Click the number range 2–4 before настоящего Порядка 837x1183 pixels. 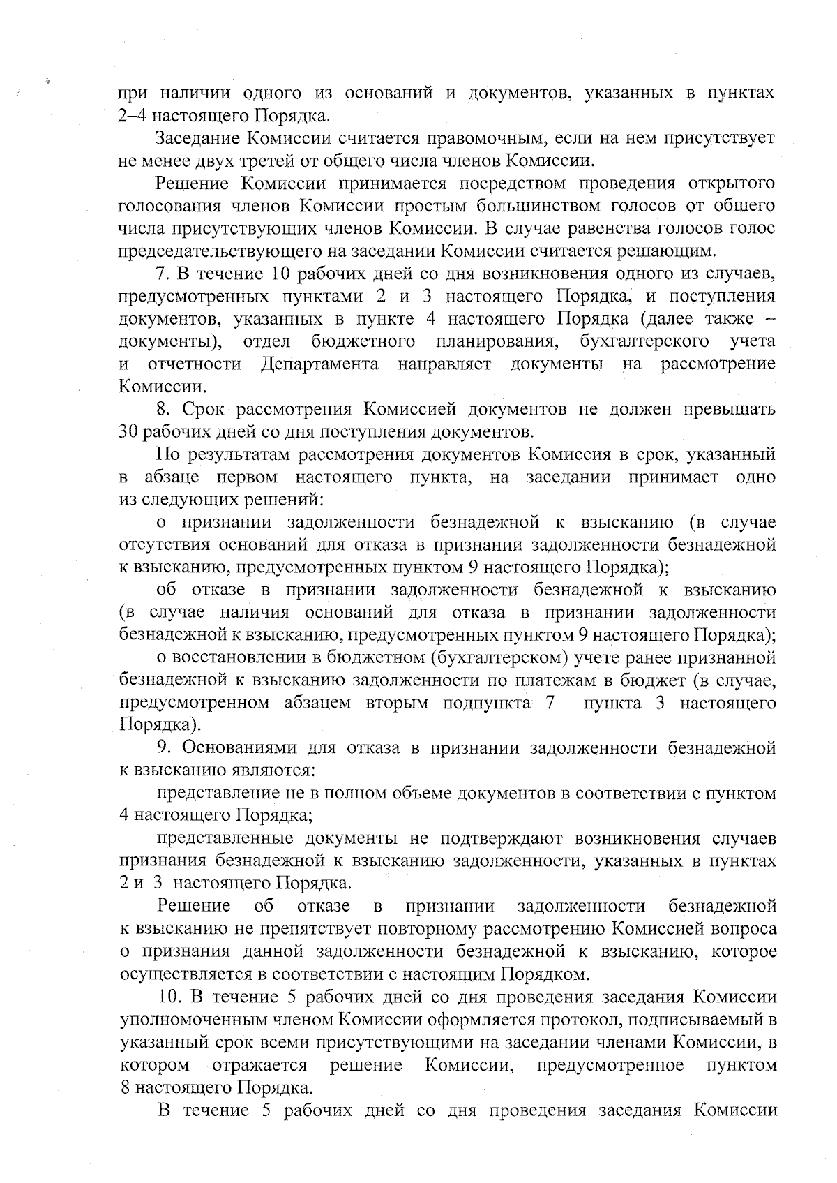[x=131, y=114]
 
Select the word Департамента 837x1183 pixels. [x=319, y=364]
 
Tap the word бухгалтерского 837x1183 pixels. [x=644, y=341]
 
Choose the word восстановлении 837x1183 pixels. [x=236, y=658]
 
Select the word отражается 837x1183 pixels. [x=260, y=1065]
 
